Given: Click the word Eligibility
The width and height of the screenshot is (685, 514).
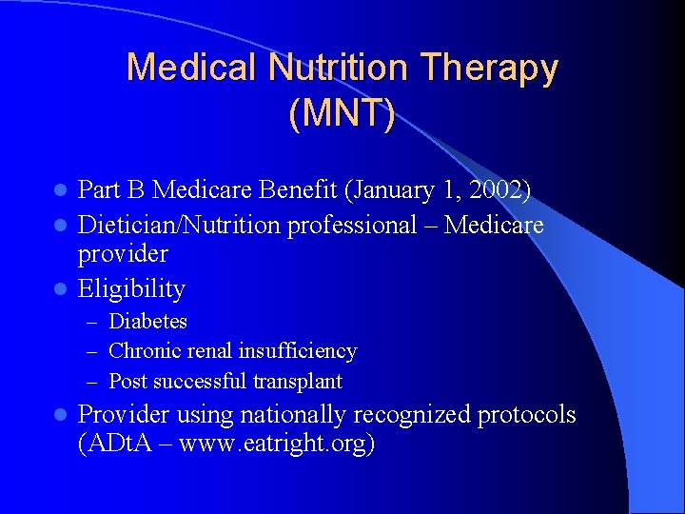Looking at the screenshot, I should pos(131,288).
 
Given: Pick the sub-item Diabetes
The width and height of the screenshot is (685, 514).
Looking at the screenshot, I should pos(148,322).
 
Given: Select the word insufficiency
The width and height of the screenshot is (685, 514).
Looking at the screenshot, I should pos(298,351).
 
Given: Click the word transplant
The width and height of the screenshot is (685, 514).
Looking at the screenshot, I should pos(297,382).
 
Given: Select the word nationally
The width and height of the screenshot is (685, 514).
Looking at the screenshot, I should pos(292,415).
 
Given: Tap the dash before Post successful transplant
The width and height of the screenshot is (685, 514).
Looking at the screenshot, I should pos(96,382).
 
